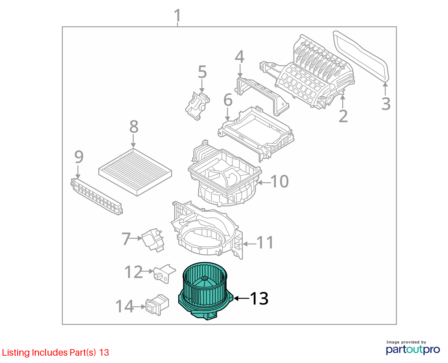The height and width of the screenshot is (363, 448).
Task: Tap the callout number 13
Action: [x=259, y=298]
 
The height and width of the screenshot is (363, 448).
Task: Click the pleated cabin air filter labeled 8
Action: [x=135, y=172]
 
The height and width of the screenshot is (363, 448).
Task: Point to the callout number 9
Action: [x=79, y=157]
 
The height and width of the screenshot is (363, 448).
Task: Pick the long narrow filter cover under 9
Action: [x=96, y=197]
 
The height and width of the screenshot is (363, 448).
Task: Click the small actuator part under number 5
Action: [x=197, y=106]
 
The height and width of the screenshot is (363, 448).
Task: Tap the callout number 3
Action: [x=386, y=104]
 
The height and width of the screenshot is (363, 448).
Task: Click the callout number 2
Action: [x=343, y=116]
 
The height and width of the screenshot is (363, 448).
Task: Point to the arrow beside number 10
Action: [x=264, y=183]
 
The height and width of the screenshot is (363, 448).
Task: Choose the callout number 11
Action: [x=265, y=243]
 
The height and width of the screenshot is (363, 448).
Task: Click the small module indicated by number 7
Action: [x=153, y=240]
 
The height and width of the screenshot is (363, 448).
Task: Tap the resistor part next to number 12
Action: [x=164, y=274]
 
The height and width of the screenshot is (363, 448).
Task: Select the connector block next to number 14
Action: [x=157, y=305]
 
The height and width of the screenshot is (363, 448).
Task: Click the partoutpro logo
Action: [x=412, y=349]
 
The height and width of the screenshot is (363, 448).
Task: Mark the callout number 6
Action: [x=228, y=100]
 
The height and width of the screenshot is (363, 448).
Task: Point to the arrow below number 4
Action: [x=240, y=71]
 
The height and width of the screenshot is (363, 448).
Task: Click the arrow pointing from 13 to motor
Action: [x=242, y=298]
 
